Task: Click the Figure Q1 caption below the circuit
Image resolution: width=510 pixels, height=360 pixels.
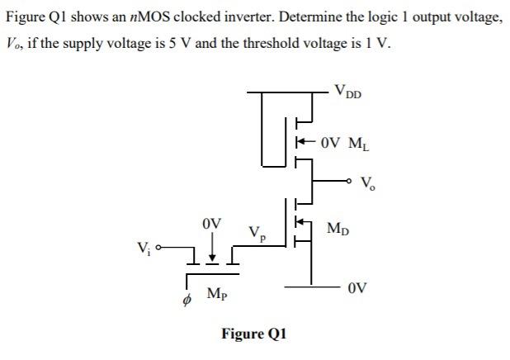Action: pos(253,334)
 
